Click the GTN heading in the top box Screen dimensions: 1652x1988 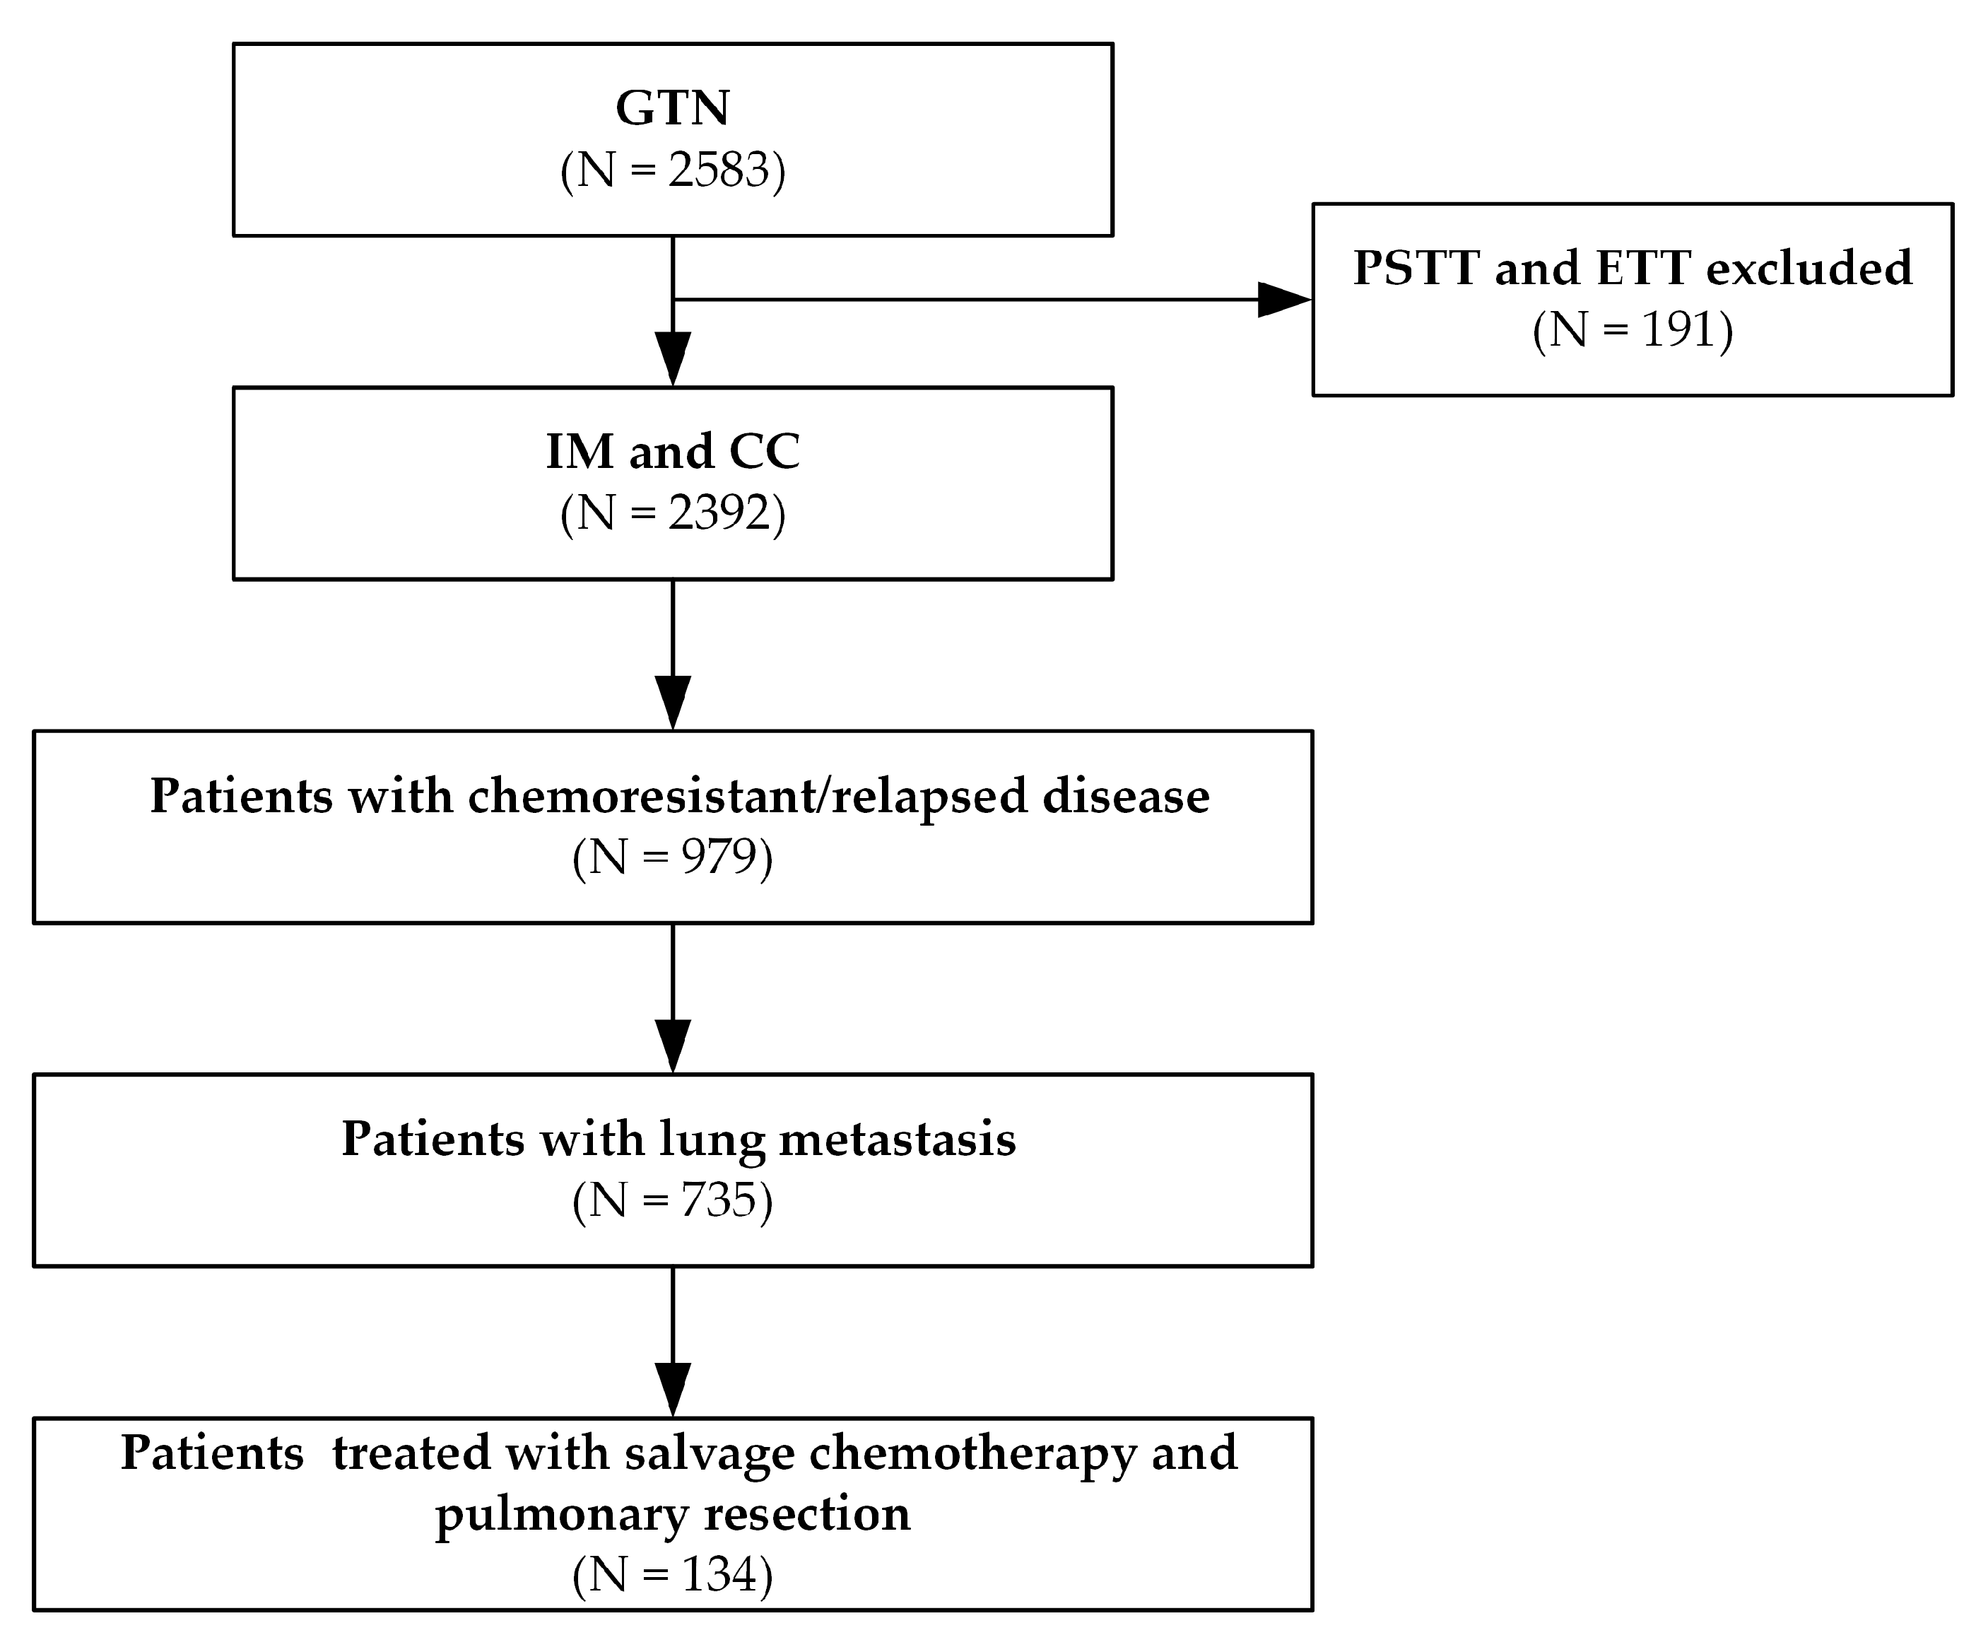click(672, 108)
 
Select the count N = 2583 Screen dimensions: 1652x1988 click(672, 171)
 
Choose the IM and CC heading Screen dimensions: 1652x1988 click(672, 452)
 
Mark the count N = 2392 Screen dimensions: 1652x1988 click(672, 514)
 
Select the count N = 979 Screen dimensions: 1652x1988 click(672, 857)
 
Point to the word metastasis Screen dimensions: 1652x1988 click(897, 1139)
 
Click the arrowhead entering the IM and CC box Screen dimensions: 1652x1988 click(672, 358)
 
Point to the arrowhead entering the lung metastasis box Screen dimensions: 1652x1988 click(672, 1045)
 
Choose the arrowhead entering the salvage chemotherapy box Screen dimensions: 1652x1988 click(672, 1389)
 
